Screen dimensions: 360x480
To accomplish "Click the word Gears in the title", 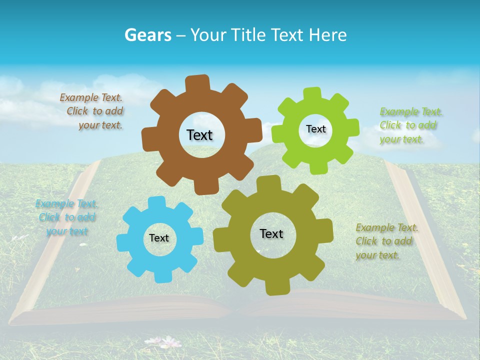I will pos(147,35).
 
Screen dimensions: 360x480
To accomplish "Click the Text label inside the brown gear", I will pos(199,135).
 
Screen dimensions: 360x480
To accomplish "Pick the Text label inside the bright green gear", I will pos(315,129).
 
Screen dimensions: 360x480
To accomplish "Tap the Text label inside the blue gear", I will pos(159,238).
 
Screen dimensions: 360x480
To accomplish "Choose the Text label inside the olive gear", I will pos(271,233).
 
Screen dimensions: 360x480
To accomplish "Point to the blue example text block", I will pos(66,217).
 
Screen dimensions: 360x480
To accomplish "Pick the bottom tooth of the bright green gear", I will pos(316,167).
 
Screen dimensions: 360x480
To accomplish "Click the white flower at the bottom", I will pos(170,342).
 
